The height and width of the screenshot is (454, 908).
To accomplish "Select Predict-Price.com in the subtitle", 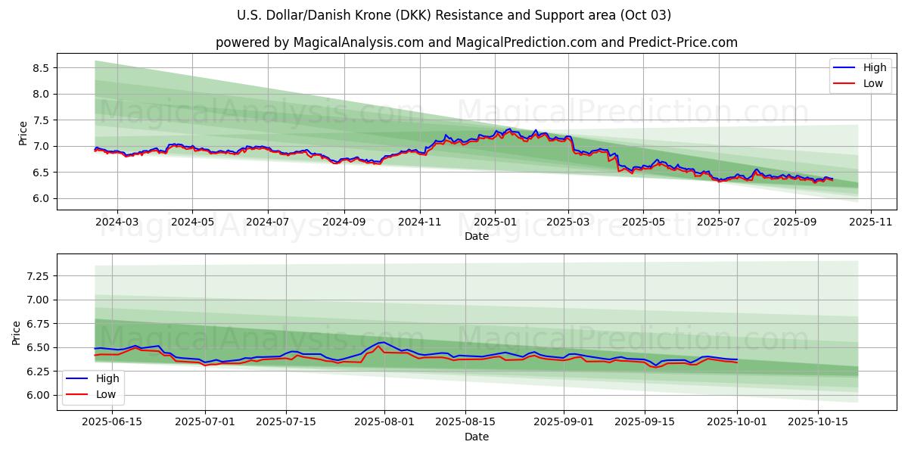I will click(683, 42).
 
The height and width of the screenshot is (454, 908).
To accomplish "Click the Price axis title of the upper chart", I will click(23, 132).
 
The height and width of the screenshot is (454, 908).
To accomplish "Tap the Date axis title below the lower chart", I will click(477, 437).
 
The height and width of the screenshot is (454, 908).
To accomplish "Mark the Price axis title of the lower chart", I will click(17, 332).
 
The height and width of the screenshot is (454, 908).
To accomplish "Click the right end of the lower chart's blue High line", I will click(736, 359).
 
